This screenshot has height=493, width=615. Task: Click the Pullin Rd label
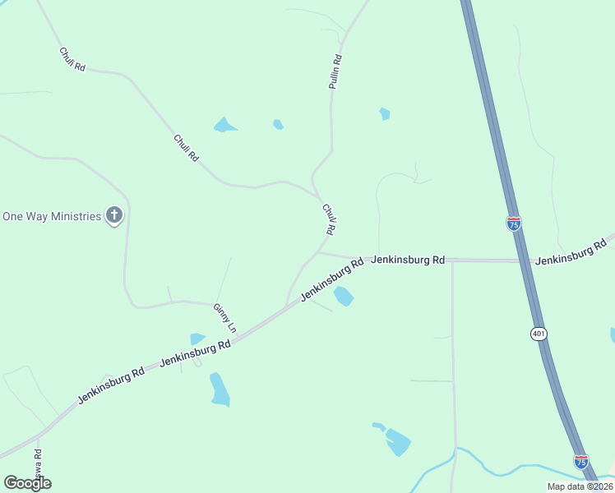point(335,71)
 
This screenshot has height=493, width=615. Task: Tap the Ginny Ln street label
point(224,318)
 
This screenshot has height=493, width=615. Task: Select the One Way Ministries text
point(52,216)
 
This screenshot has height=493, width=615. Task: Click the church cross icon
point(114,216)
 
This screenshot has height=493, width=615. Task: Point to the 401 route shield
point(539,334)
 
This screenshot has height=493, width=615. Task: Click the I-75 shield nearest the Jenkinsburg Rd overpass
point(513,223)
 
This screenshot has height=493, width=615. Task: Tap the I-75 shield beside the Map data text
point(581,461)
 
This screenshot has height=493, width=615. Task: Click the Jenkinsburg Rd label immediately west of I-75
point(408,260)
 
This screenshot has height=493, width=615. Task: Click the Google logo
point(27,483)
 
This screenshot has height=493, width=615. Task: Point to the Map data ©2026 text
point(579,486)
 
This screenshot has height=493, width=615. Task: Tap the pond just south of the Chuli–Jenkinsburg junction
point(344,296)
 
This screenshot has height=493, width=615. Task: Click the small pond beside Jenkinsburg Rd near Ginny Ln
point(197,339)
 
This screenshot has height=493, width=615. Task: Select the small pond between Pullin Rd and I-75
point(384,113)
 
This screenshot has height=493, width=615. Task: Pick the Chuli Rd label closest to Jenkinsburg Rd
point(330,219)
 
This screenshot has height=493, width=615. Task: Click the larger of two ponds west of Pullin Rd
point(224,126)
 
